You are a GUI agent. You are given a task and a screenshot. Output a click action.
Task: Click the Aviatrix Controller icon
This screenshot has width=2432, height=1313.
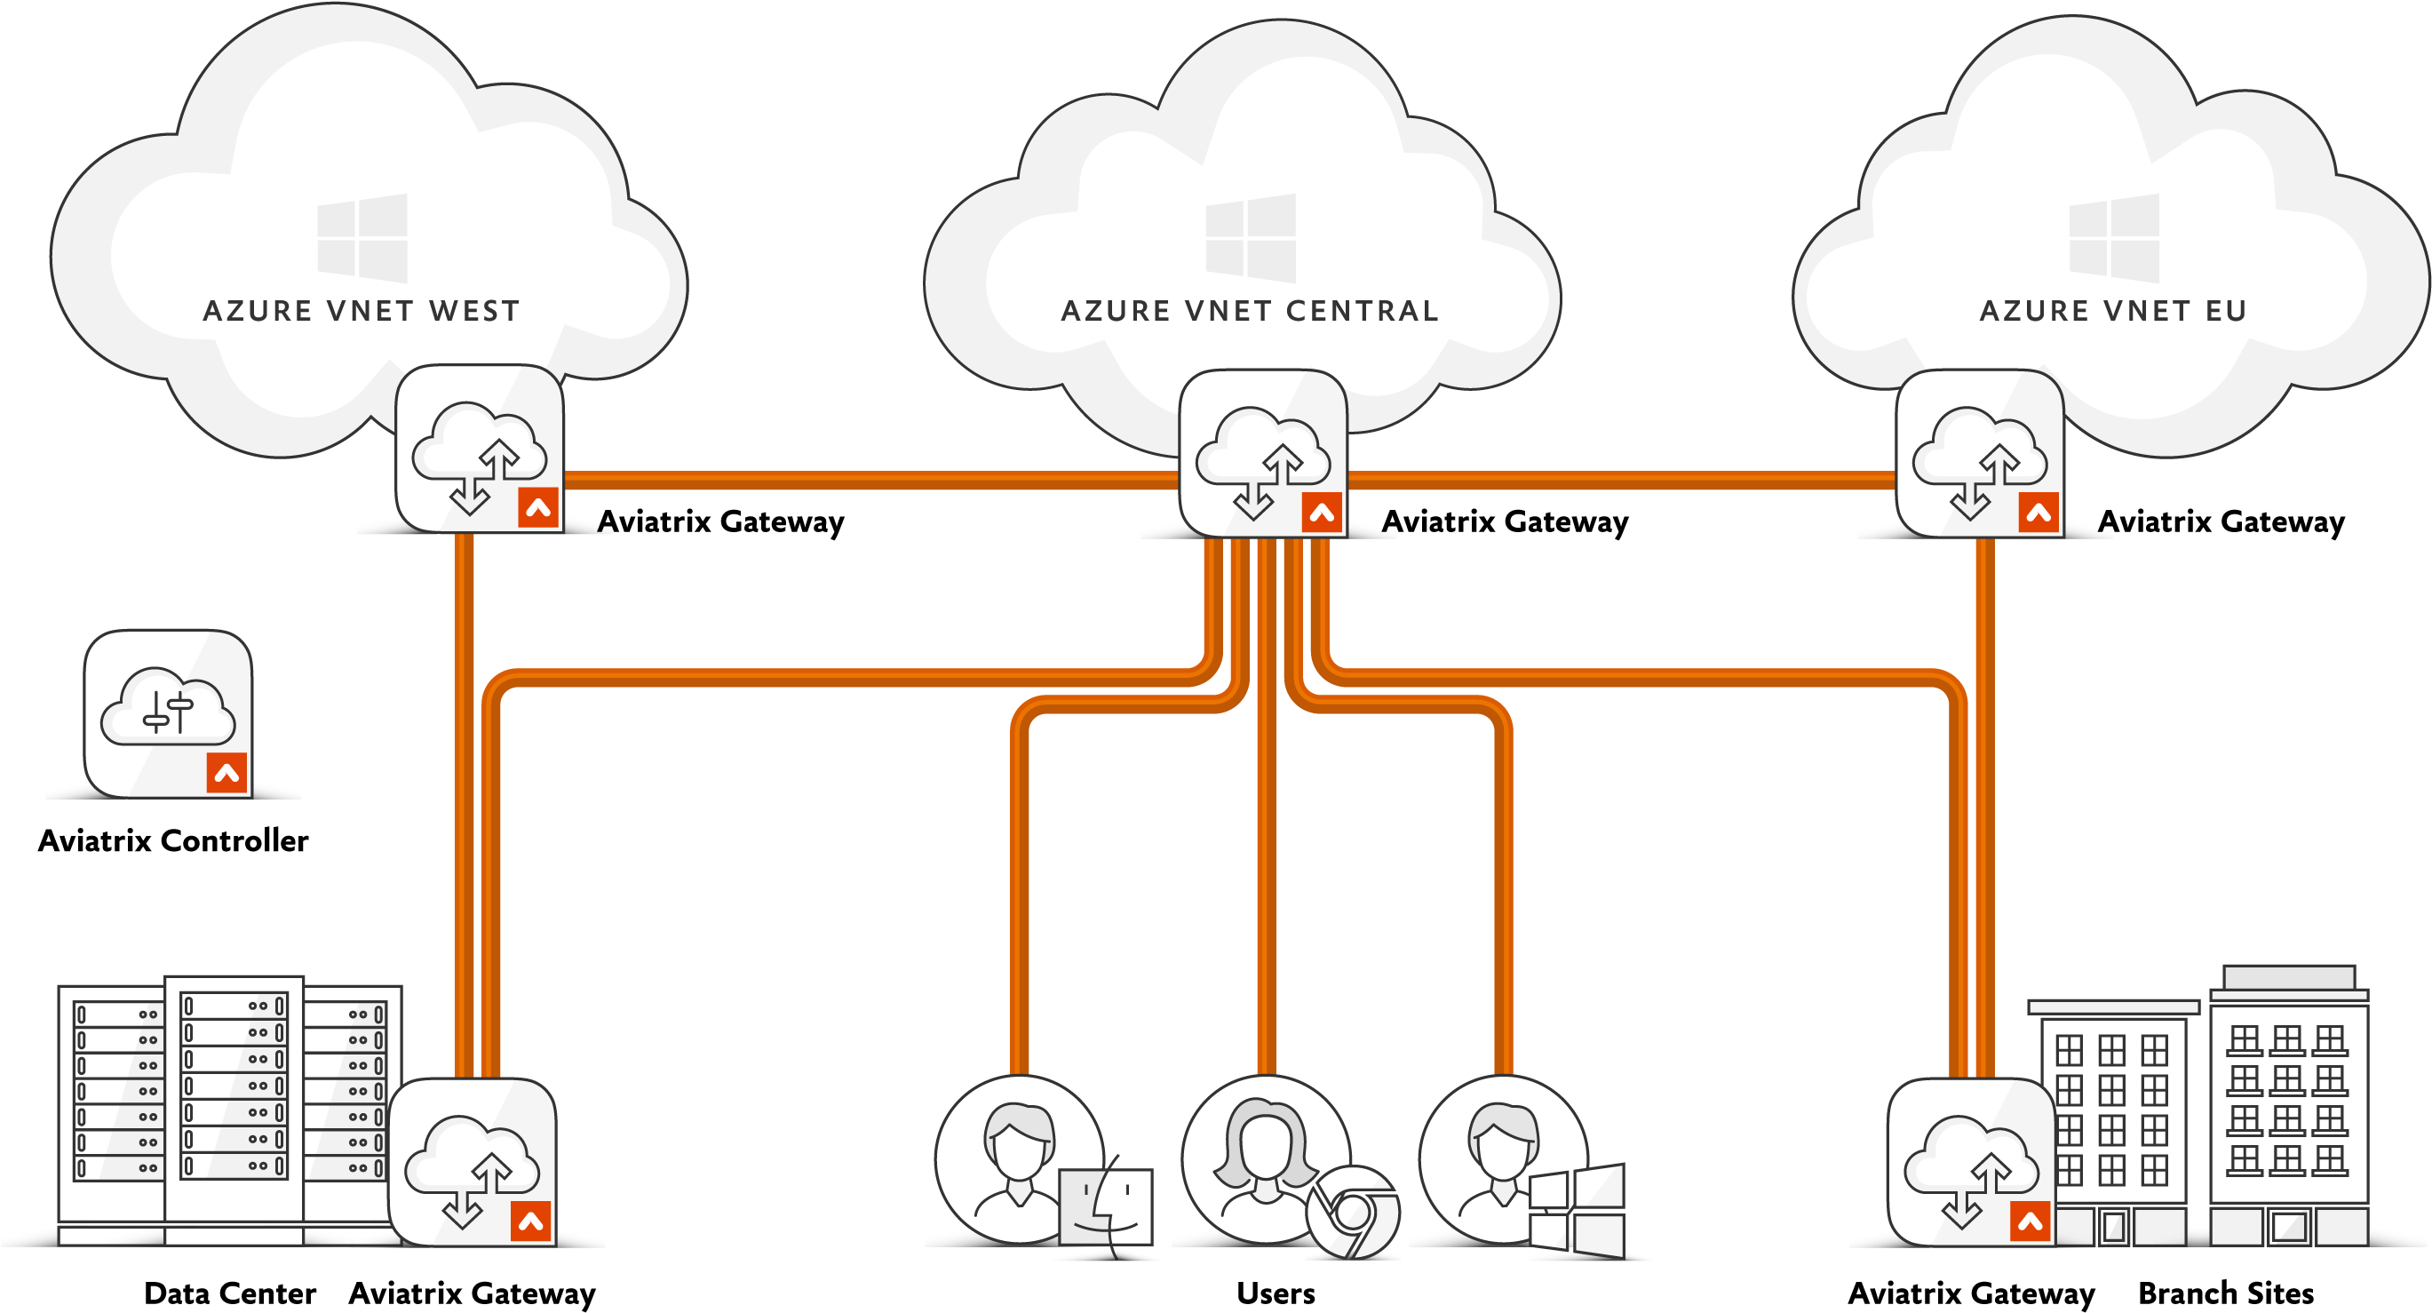(x=168, y=713)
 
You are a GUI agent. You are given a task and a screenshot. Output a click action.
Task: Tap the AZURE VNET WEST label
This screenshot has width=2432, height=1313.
(x=362, y=311)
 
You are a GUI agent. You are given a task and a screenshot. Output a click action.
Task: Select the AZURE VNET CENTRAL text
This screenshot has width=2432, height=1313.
(x=1250, y=311)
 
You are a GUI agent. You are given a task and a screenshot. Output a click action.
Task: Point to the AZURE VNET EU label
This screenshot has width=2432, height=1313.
(x=2113, y=311)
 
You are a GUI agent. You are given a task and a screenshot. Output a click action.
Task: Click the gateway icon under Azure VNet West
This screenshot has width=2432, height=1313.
(x=480, y=449)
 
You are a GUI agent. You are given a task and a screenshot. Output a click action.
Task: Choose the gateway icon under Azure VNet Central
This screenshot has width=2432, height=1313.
(x=1263, y=453)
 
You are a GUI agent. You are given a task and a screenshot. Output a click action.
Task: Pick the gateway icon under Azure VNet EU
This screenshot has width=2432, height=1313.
(x=1980, y=453)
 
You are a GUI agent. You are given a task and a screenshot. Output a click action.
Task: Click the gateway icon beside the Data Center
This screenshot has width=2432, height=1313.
(x=472, y=1162)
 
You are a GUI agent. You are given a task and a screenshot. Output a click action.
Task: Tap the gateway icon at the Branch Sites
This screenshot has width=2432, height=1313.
(x=1971, y=1162)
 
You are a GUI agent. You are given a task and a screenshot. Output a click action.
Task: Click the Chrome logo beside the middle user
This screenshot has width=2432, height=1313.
(x=1353, y=1212)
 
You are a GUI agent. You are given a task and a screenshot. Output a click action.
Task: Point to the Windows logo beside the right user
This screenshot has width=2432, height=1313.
(x=1577, y=1211)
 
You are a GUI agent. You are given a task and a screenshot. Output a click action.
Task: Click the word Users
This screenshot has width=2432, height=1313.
(x=1276, y=1293)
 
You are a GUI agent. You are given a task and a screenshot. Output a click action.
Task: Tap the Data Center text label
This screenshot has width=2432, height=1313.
(x=229, y=1293)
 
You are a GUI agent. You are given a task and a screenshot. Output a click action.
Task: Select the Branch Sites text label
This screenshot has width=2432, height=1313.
(x=2225, y=1293)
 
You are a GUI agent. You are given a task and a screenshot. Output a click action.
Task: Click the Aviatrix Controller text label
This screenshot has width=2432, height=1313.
(x=173, y=840)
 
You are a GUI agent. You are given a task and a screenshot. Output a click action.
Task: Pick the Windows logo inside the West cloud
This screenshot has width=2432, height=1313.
(x=362, y=238)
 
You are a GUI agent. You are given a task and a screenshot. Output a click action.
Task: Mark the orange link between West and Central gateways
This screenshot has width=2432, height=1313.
(x=871, y=481)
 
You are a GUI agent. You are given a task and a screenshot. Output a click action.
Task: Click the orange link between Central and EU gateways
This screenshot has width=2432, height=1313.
(x=1622, y=481)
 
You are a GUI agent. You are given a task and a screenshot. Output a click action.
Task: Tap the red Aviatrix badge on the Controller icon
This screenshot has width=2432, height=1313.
(x=227, y=772)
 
